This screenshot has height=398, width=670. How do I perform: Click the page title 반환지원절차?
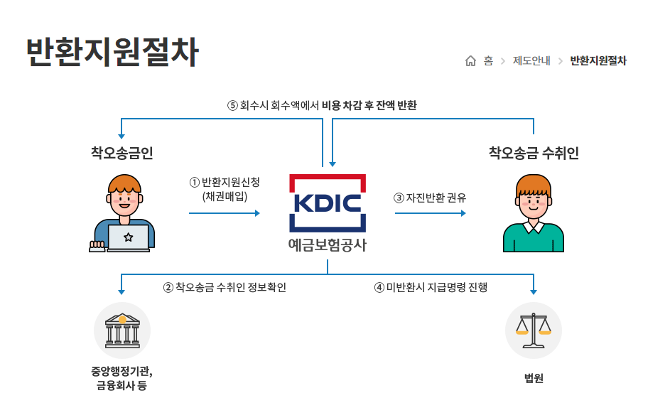click(112, 50)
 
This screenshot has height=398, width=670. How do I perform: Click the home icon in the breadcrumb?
click(470, 61)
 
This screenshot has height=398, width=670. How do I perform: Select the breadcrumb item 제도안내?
click(531, 61)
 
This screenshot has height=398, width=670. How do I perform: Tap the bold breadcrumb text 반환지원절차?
click(598, 61)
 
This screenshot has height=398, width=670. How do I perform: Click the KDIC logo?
click(328, 203)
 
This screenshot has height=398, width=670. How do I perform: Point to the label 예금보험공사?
click(328, 245)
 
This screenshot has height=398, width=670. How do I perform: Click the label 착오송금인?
click(121, 153)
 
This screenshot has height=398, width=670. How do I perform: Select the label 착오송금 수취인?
click(534, 153)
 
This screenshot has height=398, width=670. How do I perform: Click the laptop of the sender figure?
click(128, 237)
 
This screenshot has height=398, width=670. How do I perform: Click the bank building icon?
click(122, 330)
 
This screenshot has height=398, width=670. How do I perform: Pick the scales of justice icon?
click(533, 330)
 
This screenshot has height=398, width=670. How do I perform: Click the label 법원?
click(533, 377)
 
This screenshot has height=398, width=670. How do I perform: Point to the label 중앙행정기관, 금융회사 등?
click(121, 378)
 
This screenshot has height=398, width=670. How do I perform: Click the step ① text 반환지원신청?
click(225, 182)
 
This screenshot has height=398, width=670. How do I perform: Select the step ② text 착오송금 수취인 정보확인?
click(225, 287)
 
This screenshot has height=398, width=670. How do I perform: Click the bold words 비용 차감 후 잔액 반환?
click(369, 105)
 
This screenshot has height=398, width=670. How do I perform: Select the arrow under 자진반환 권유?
click(430, 213)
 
